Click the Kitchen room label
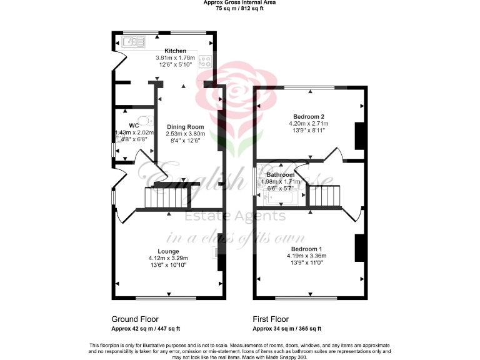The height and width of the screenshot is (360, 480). pyautogui.click(x=175, y=51)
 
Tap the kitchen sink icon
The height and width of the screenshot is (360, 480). pyautogui.click(x=132, y=42)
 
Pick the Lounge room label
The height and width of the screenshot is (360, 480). pyautogui.click(x=168, y=251)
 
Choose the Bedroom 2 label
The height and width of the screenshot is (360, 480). pyautogui.click(x=309, y=117)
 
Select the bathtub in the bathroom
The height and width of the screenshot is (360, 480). pyautogui.click(x=282, y=198)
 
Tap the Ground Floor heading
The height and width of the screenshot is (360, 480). pyautogui.click(x=135, y=318)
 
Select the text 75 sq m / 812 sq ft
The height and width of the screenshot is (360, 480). pyautogui.click(x=240, y=9)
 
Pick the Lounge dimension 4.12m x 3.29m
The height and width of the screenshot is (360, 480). pyautogui.click(x=168, y=258)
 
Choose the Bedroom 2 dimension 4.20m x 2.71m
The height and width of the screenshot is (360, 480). pyautogui.click(x=309, y=124)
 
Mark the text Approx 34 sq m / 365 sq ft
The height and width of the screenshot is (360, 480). pyautogui.click(x=287, y=328)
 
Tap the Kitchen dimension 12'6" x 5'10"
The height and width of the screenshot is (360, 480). pyautogui.click(x=175, y=64)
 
